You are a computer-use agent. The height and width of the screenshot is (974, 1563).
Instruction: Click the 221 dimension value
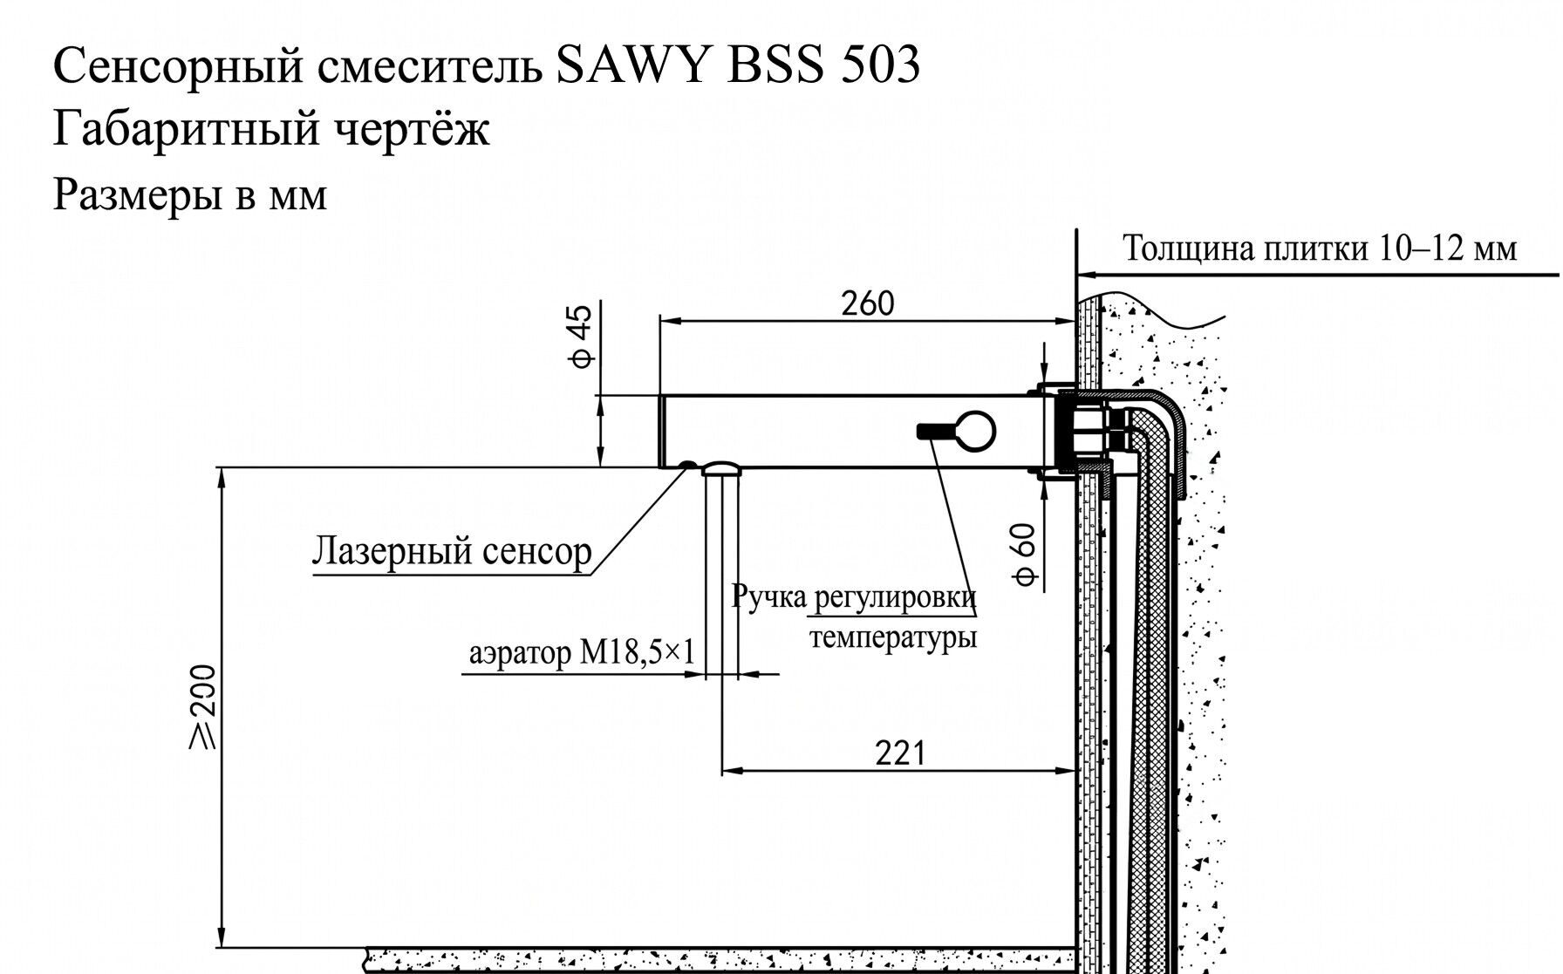pos(899,752)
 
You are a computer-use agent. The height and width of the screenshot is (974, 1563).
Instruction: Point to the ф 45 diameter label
pos(582,335)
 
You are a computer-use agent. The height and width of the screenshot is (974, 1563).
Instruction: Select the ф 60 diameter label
pos(1026,555)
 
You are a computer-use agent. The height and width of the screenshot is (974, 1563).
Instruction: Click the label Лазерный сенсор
pos(452,551)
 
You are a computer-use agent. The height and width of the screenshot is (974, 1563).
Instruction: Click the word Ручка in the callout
pos(768,598)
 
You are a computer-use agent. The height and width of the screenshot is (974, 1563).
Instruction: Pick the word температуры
pos(893,637)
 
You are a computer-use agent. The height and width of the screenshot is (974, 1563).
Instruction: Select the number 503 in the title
pos(881,66)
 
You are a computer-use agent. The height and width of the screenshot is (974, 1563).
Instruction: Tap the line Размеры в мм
pos(190,194)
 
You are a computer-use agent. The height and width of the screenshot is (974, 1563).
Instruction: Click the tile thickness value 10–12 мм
pos(1449,249)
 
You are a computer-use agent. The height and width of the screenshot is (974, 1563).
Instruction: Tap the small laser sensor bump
pos(688,465)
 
